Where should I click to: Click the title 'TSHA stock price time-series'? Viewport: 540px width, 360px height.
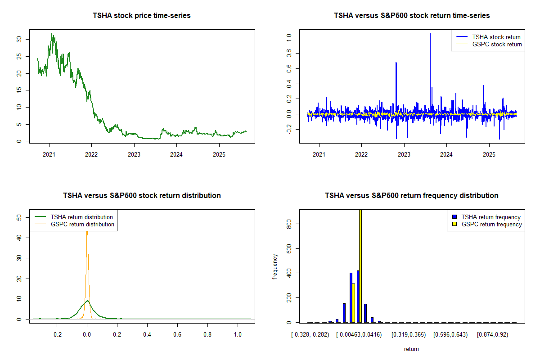142,16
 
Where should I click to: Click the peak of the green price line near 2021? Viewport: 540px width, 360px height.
52,34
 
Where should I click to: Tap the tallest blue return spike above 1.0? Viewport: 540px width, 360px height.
430,34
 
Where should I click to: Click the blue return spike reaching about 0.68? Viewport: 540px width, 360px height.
396,63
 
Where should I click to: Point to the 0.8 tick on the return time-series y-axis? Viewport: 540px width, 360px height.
288,53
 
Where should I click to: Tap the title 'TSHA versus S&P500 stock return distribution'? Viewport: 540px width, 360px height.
142,196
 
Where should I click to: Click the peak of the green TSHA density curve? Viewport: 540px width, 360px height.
87,301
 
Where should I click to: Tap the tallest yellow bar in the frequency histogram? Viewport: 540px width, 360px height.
360,265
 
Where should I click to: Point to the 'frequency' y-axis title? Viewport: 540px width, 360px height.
275,267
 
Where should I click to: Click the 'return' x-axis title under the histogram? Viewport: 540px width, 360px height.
411,349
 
